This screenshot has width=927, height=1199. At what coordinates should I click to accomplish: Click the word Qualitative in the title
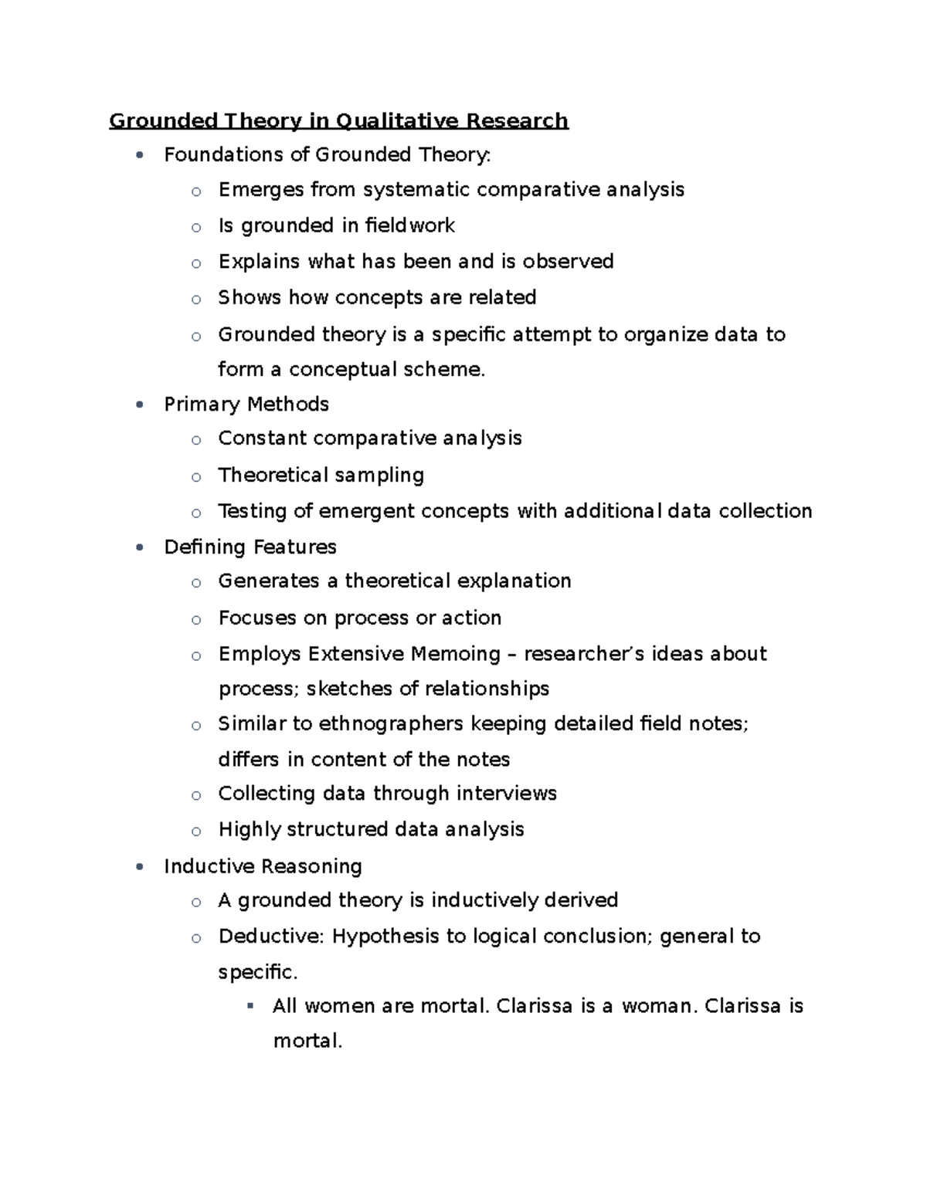pyautogui.click(x=396, y=121)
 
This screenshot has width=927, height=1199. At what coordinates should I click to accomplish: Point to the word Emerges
pyautogui.click(x=260, y=190)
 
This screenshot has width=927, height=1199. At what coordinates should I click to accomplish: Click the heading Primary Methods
pyautogui.click(x=246, y=405)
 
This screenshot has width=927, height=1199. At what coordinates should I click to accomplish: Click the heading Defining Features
pyautogui.click(x=250, y=547)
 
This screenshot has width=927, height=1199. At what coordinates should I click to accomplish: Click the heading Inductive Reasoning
pyautogui.click(x=263, y=866)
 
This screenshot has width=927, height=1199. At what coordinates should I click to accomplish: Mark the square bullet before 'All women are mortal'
pyautogui.click(x=250, y=1006)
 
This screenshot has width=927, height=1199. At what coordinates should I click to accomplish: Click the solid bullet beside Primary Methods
pyautogui.click(x=139, y=405)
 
